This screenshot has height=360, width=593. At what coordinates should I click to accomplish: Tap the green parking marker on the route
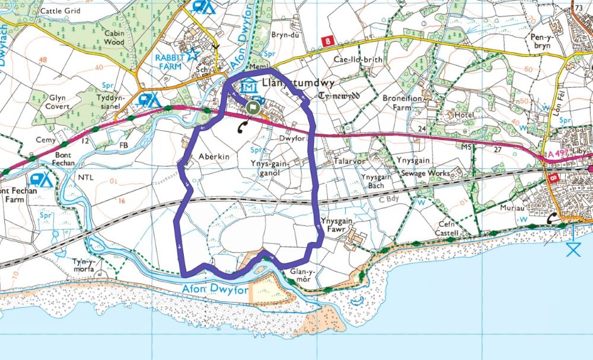pos(253,108)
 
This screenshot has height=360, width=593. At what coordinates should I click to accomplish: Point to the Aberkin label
pos(213,155)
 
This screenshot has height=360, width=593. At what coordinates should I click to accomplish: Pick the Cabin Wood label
pos(113,38)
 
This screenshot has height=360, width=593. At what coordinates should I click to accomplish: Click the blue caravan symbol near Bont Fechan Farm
pos(42,179)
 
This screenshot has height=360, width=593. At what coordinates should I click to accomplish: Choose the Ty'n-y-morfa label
pos(84,265)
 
